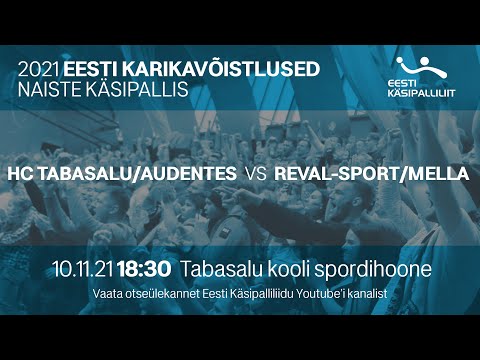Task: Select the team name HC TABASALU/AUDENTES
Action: [122, 174]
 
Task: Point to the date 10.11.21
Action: [84, 269]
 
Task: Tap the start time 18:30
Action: [146, 269]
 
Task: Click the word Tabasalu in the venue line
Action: [222, 269]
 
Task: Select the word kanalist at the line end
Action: [365, 293]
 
